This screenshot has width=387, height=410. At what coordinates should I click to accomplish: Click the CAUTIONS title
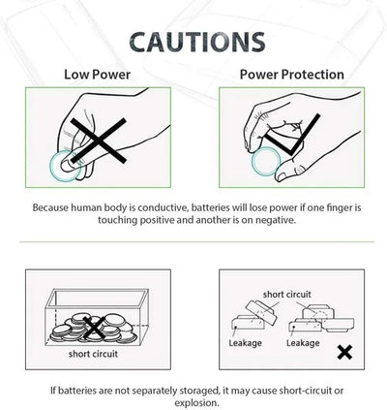(x=197, y=43)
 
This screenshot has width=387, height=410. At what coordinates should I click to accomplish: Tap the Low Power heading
(x=97, y=75)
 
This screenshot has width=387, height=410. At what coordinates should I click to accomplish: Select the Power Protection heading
(x=292, y=75)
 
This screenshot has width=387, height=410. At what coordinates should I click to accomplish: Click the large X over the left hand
(x=99, y=141)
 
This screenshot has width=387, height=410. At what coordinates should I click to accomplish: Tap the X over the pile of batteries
(x=94, y=328)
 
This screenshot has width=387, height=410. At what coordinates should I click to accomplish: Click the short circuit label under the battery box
(x=93, y=354)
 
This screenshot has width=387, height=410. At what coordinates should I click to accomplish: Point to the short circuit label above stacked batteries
(x=286, y=295)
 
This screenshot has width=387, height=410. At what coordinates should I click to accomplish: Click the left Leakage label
(x=245, y=343)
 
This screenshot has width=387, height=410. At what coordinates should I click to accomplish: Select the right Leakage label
(x=303, y=343)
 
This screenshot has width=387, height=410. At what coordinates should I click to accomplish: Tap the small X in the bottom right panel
(x=344, y=352)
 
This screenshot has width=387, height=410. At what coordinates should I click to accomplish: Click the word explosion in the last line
(x=195, y=403)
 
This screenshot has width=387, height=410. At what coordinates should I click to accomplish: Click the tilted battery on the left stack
(x=261, y=312)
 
